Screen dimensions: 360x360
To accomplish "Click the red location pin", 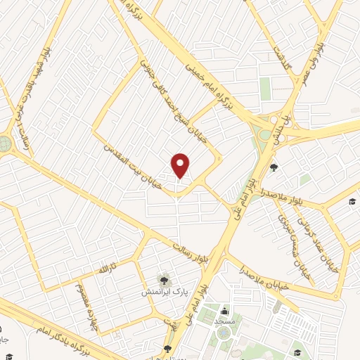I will (181, 165).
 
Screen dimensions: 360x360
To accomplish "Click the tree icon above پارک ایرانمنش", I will (165, 279).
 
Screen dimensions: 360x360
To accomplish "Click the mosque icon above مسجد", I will (225, 311).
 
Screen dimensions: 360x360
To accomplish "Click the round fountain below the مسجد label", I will (224, 333).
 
